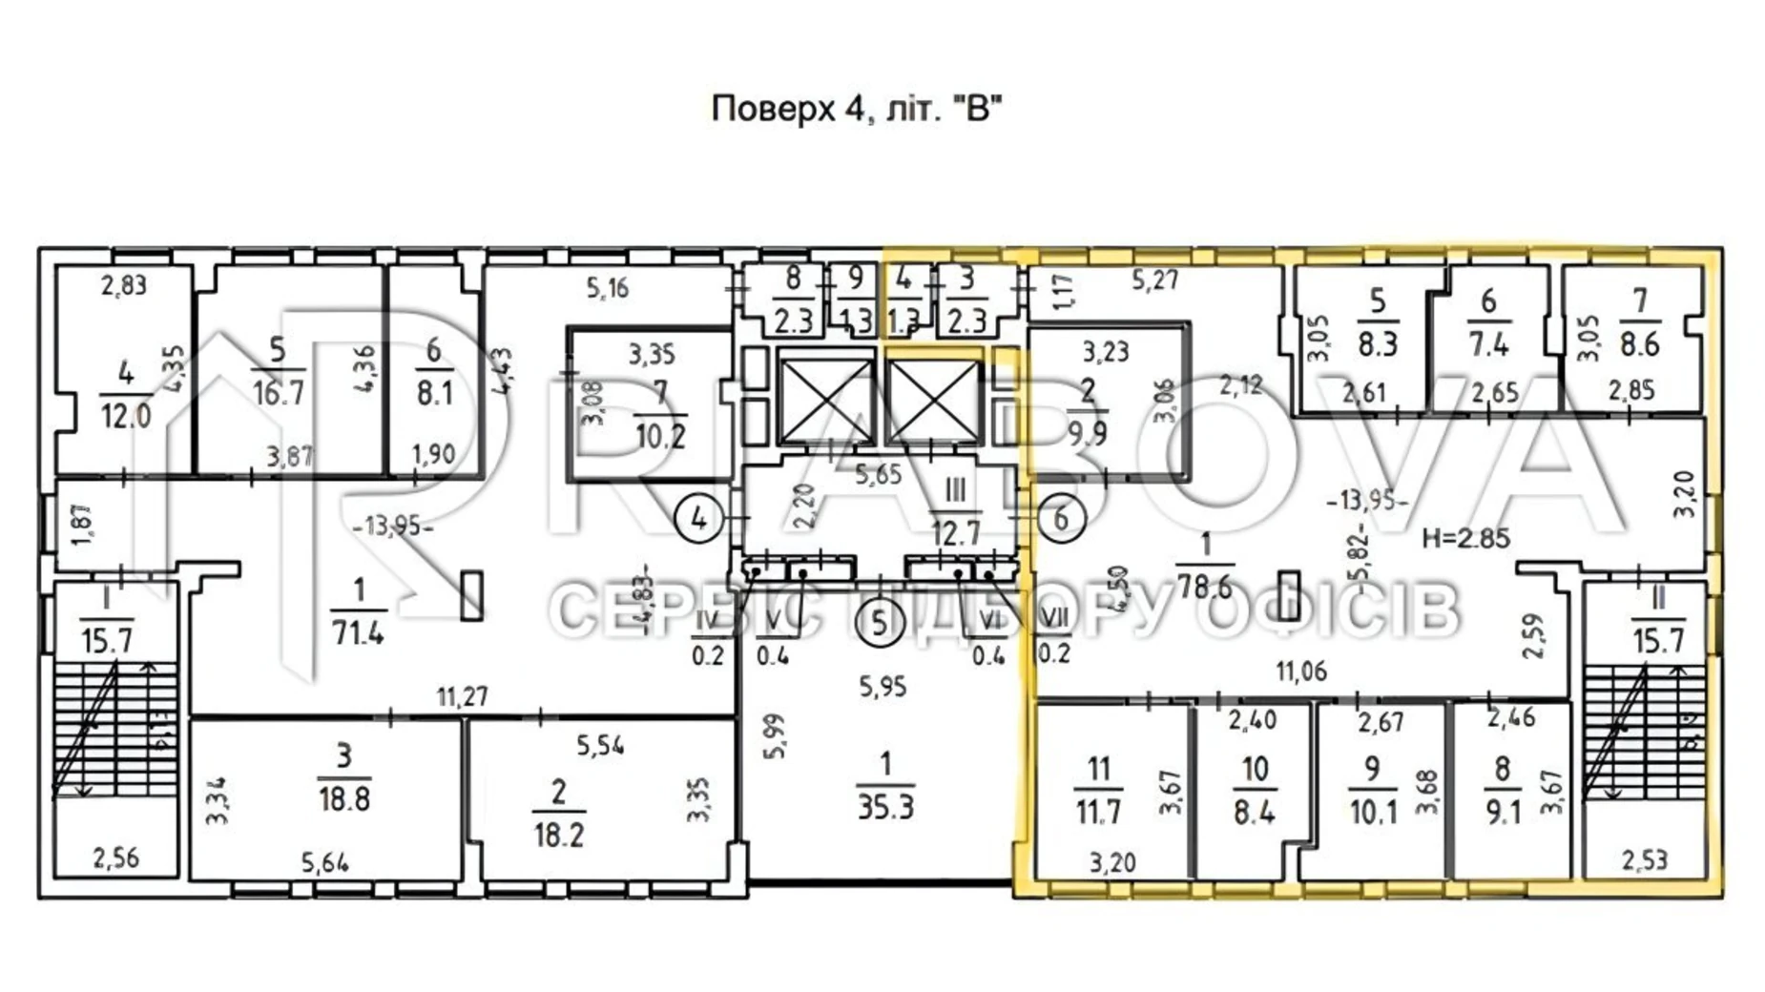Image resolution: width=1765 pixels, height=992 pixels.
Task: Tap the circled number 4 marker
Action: click(699, 518)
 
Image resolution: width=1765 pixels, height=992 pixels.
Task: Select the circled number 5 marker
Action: click(880, 622)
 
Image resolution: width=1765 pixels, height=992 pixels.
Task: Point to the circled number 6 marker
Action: click(1060, 518)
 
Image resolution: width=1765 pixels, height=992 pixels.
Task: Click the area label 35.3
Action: click(885, 807)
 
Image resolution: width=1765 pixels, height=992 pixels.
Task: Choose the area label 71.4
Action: click(358, 631)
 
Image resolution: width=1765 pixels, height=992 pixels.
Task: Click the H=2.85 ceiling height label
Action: click(1465, 538)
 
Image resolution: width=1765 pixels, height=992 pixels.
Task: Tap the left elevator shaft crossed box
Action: click(826, 397)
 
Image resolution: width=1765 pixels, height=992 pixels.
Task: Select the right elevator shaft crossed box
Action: click(933, 397)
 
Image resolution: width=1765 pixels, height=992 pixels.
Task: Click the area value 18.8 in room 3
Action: click(343, 797)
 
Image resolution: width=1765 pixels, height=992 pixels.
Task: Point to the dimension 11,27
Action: click(463, 697)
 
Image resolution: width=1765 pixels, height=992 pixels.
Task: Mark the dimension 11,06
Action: click(1301, 672)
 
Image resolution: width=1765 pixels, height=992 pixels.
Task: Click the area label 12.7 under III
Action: click(956, 532)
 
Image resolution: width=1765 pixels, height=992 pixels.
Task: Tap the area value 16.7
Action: click(279, 392)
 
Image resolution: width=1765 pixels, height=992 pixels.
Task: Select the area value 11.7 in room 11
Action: click(1098, 812)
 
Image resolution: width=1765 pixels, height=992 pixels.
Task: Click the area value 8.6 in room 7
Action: click(1639, 343)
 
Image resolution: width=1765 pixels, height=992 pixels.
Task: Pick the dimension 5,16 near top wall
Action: click(608, 287)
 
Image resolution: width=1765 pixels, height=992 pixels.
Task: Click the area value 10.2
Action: click(660, 436)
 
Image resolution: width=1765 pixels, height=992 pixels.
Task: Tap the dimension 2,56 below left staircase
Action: click(115, 858)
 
